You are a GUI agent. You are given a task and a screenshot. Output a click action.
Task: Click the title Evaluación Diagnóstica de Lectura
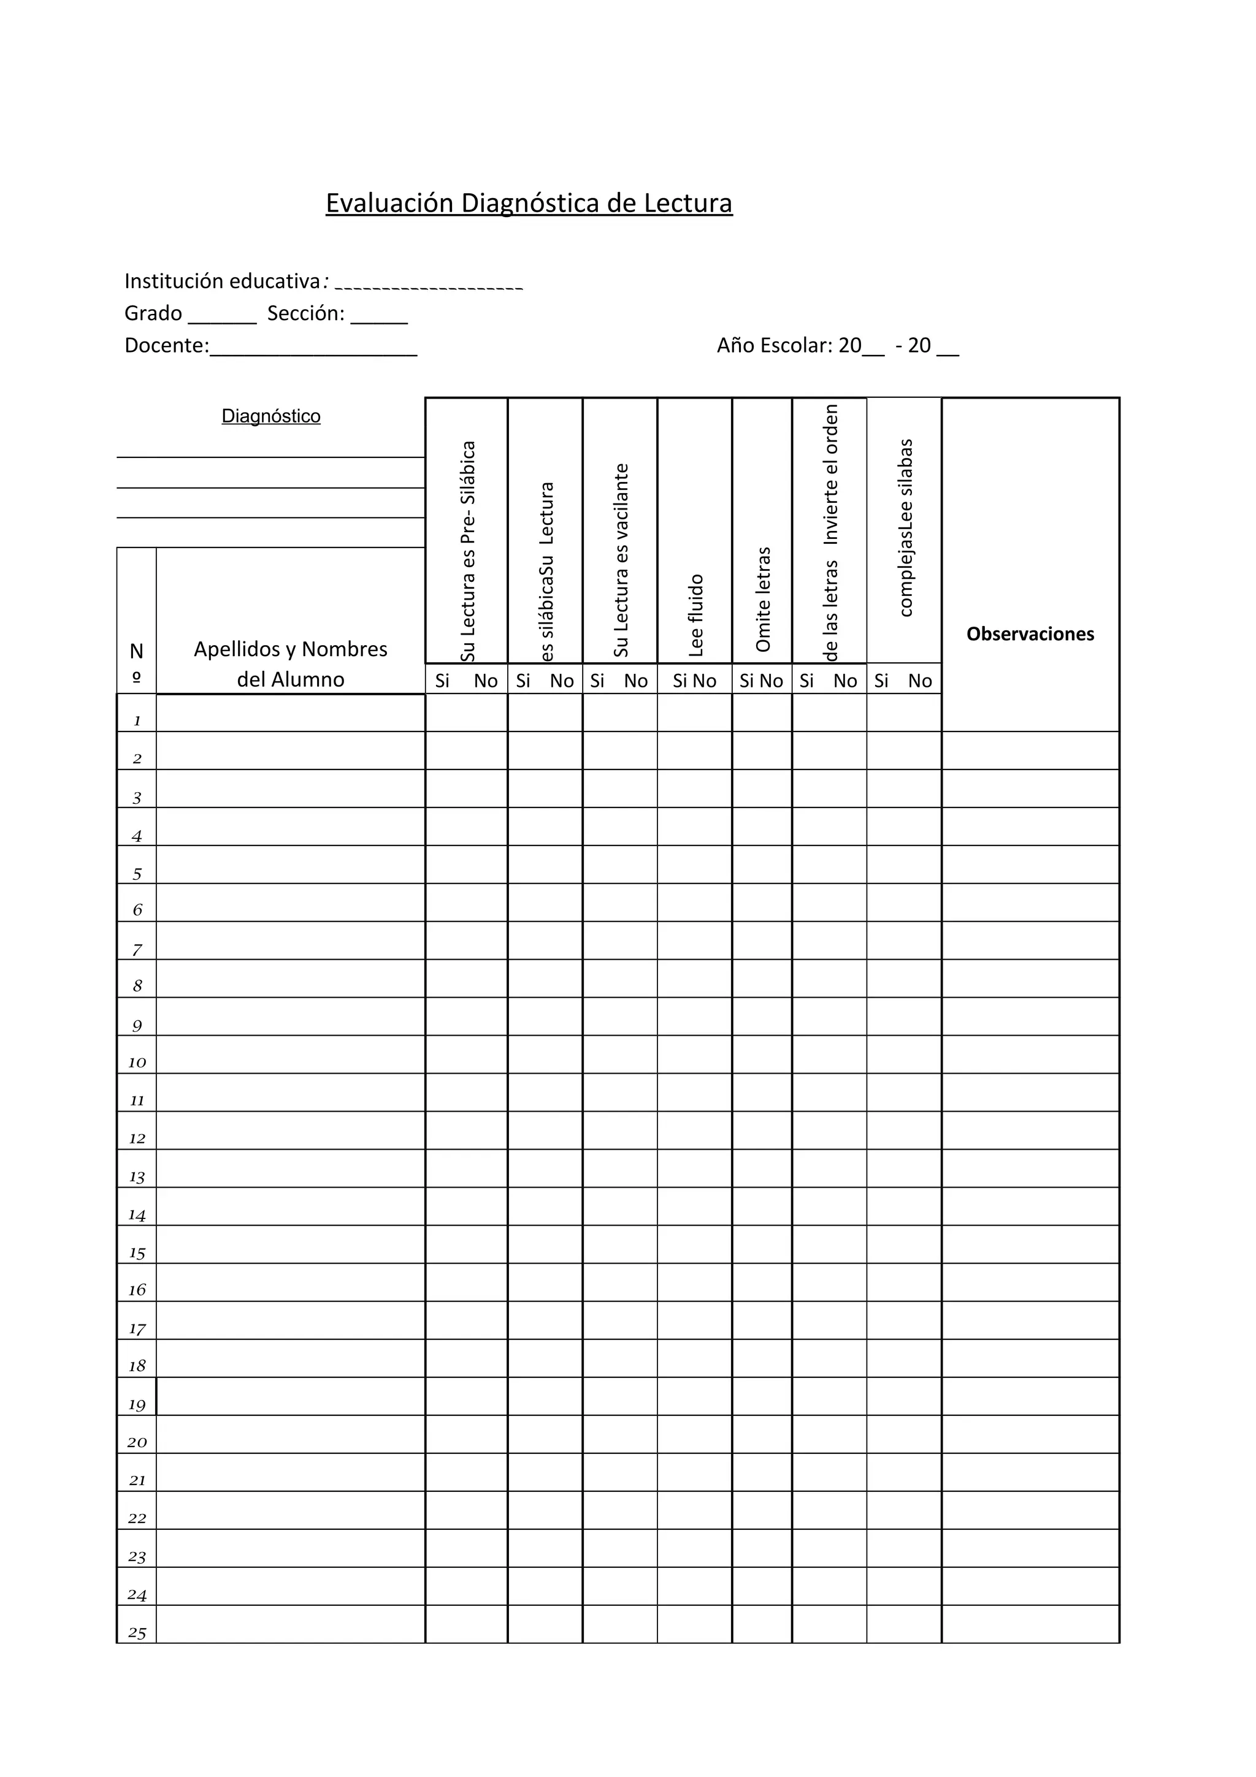click(x=529, y=203)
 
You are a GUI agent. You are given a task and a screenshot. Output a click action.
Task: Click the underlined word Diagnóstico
click(x=271, y=416)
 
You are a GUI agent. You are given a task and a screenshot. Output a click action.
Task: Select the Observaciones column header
click(x=1030, y=634)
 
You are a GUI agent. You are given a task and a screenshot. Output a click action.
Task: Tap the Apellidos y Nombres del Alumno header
click(x=290, y=663)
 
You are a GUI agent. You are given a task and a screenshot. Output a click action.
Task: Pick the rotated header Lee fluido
click(x=695, y=614)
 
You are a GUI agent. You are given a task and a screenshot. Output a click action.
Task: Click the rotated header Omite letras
click(x=763, y=599)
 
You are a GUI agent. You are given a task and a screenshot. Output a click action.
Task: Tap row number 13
click(x=137, y=1177)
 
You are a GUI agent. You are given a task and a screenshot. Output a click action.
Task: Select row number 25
click(x=137, y=1633)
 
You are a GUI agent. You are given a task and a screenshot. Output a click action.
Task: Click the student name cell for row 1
click(x=290, y=713)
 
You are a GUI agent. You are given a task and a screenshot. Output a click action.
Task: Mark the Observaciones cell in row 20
click(x=1030, y=1434)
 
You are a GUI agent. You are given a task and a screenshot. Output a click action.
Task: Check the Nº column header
click(x=136, y=662)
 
